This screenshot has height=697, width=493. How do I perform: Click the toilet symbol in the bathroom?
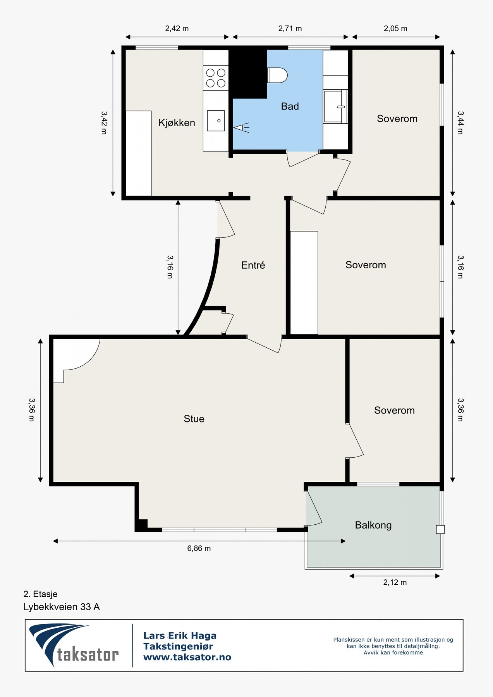[277, 75]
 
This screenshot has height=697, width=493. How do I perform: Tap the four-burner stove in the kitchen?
[216, 77]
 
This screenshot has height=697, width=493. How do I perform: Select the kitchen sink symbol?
[216, 120]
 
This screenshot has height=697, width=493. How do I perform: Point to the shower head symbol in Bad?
[241, 127]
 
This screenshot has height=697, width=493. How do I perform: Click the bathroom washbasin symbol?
[336, 106]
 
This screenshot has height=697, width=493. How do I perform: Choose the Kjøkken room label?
[177, 123]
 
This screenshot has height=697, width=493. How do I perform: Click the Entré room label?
[253, 265]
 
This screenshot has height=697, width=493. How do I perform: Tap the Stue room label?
[194, 419]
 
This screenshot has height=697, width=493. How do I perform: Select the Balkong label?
[373, 525]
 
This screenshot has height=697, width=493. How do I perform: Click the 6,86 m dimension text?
[199, 548]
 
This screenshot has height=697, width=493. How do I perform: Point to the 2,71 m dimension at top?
[290, 28]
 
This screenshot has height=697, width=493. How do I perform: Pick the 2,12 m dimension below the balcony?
[395, 582]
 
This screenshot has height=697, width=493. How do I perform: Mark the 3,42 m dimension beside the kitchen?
[104, 122]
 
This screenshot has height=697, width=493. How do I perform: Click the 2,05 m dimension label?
[395, 28]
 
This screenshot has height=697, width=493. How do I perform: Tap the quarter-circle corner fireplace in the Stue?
[76, 361]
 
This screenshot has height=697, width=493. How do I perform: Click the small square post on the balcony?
[440, 529]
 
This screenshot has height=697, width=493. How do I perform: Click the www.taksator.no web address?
[187, 657]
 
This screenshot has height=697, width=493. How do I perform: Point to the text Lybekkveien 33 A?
[62, 607]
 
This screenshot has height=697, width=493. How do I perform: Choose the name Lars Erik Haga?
[180, 635]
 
